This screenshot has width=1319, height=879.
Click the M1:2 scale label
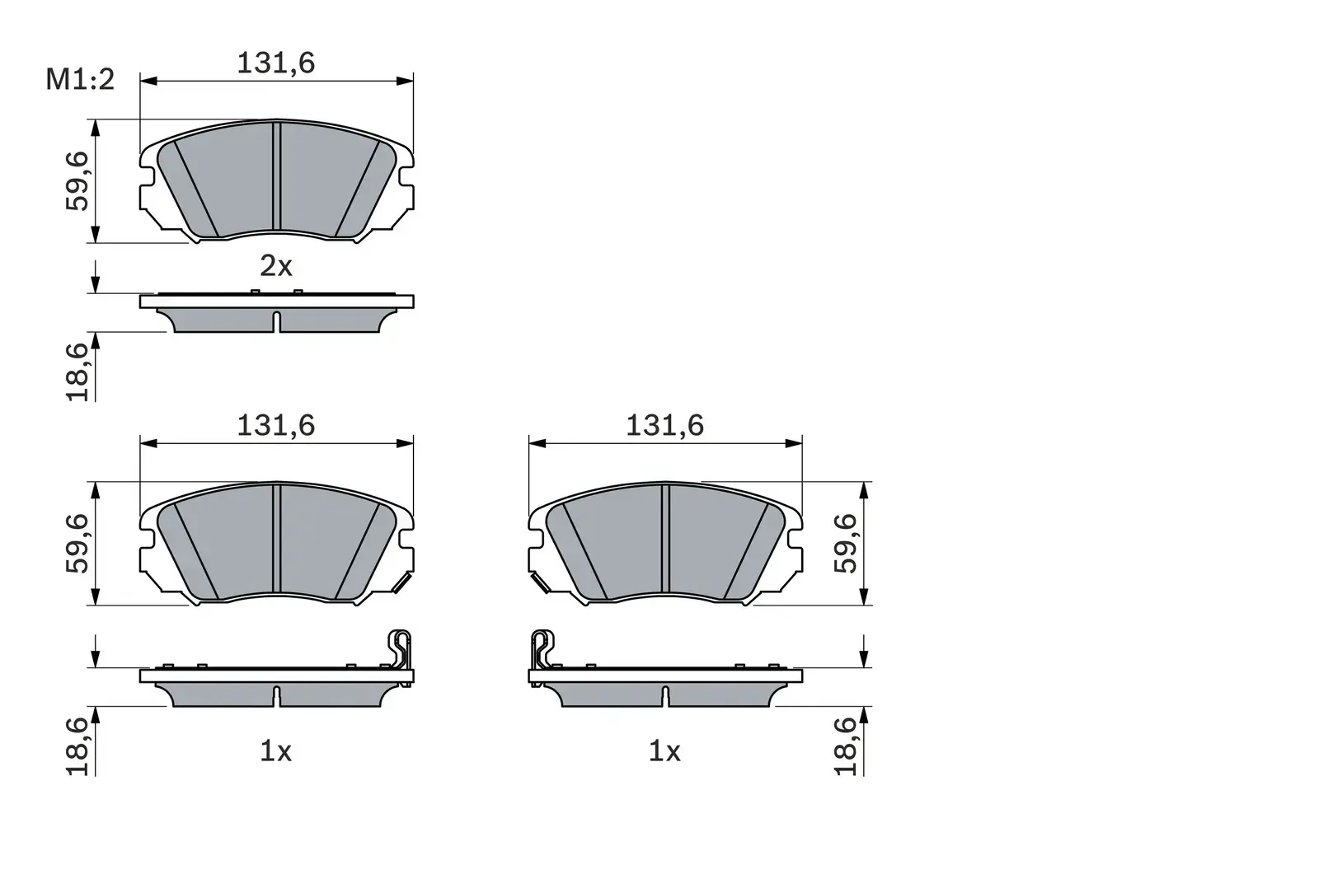point(80,80)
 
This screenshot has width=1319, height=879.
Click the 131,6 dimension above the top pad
point(276,63)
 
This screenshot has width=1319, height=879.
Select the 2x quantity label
point(276,266)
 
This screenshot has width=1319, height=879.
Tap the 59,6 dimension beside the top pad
point(77,181)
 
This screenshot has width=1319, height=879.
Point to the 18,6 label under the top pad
point(77,372)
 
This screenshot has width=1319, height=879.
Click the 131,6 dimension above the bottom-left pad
point(276,425)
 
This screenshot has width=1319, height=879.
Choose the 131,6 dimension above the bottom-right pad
point(665,425)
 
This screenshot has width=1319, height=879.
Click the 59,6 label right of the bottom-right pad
point(846,544)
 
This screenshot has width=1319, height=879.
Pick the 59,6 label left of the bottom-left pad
point(77,544)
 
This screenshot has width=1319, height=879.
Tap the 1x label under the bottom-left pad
point(276,750)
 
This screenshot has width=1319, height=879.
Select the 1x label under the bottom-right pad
point(665,750)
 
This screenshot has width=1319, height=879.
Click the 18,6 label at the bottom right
point(846,746)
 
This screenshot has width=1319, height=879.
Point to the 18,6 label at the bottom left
point(77,746)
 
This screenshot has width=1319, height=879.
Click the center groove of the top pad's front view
point(277,177)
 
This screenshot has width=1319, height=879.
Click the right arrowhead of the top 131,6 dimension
point(405,80)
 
